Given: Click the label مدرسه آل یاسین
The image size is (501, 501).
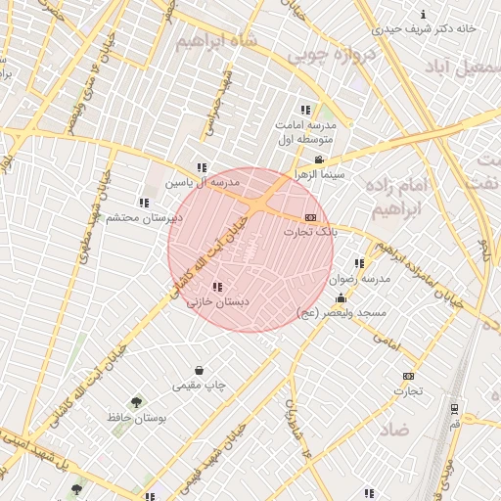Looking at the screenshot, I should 201,182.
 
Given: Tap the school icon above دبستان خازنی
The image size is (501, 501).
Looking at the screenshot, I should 216,287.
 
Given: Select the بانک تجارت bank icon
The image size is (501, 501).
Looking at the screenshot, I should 310,217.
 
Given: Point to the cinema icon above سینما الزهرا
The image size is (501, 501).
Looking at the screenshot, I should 318,159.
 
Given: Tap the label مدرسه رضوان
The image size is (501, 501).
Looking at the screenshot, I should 362,278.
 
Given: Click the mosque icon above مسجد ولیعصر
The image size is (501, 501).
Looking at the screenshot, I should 341,297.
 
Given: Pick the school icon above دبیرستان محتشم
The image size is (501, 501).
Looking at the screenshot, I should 143,203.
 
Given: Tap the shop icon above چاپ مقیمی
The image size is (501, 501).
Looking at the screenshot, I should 200,371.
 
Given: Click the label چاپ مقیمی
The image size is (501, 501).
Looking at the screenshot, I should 200,386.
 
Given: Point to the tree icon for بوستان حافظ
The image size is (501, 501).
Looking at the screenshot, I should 136,402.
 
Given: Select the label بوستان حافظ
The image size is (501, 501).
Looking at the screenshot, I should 138,418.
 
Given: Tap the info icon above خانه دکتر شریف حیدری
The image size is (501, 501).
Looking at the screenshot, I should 423,15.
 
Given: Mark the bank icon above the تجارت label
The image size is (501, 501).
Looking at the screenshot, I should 408,377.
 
